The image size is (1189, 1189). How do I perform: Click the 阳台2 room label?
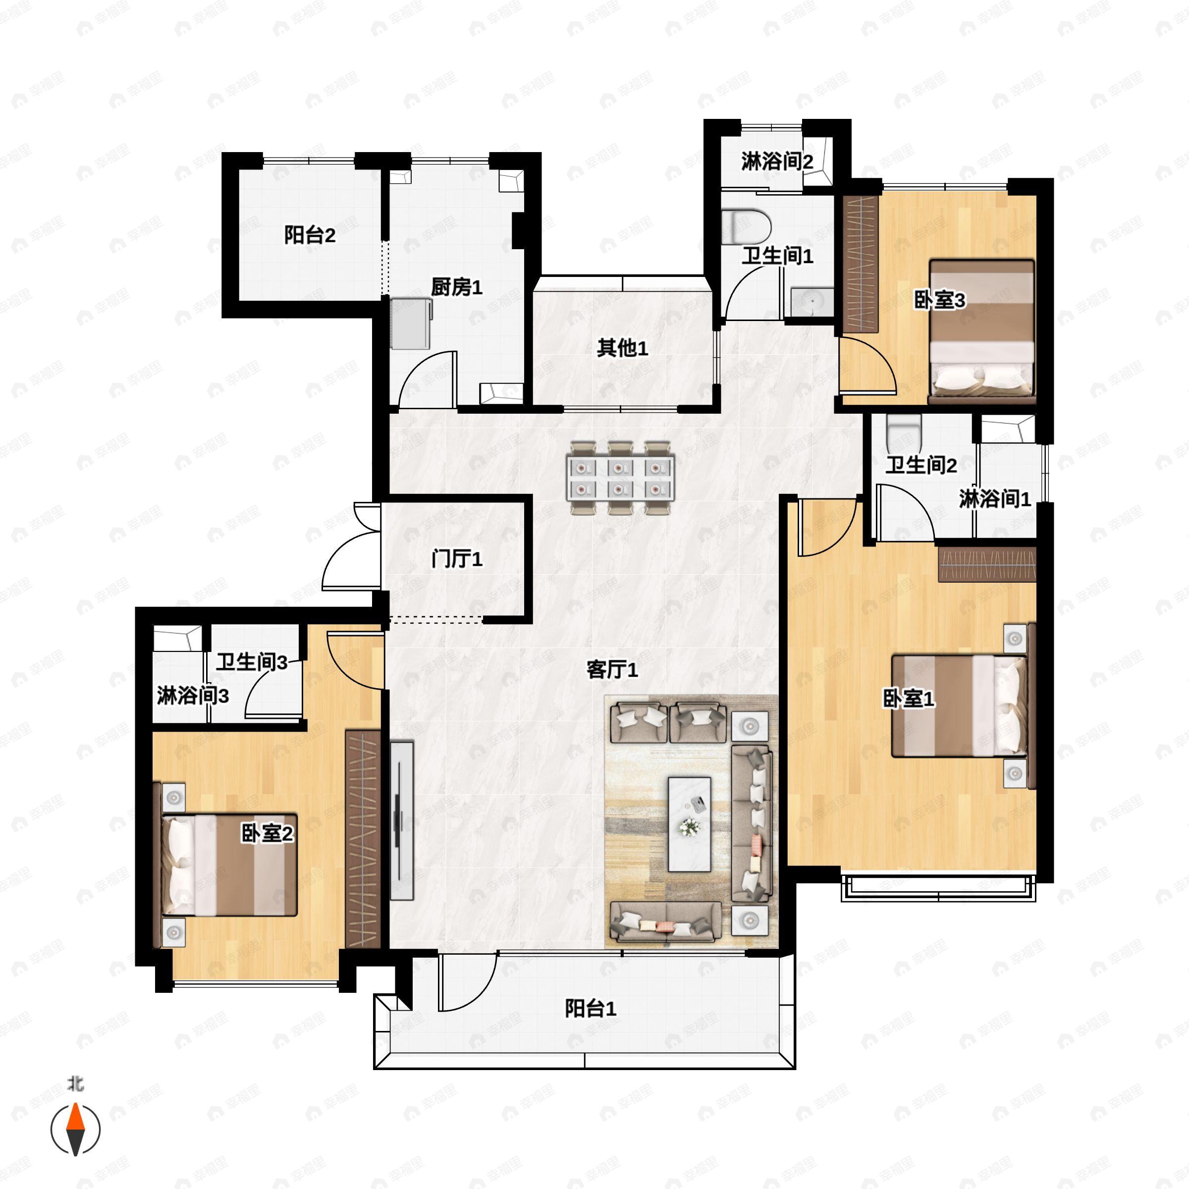310,235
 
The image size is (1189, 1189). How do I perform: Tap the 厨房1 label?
456,287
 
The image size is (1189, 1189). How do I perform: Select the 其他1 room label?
622,348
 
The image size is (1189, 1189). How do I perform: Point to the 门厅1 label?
457,559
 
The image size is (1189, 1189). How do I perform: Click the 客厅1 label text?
612,670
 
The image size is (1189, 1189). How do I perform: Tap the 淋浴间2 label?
777,162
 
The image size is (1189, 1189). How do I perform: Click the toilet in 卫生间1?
746,226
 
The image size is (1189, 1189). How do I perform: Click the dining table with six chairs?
620,477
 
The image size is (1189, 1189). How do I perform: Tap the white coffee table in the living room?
689,824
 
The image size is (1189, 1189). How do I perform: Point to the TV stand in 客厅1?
402,820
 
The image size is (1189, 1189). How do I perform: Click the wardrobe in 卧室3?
860,265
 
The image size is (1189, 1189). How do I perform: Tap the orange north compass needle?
75,1116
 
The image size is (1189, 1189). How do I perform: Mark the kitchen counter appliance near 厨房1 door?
411,323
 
